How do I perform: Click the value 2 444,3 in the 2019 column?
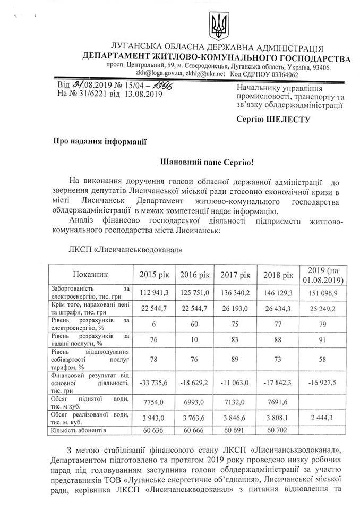(322, 418)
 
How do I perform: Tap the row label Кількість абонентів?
(78, 430)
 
